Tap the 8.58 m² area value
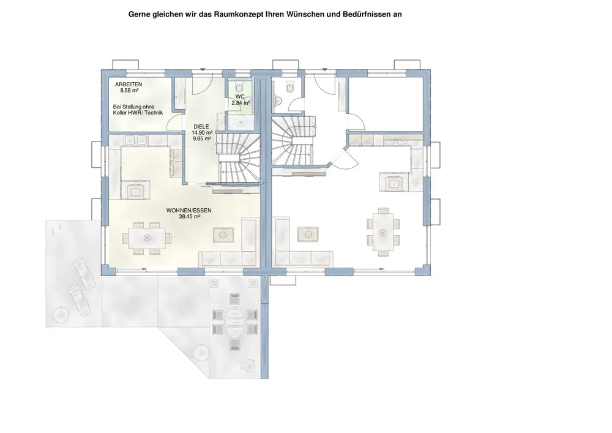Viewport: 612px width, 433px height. pyautogui.click(x=130, y=90)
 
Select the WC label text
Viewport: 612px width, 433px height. pyautogui.click(x=240, y=97)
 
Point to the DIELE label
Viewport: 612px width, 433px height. pyautogui.click(x=201, y=126)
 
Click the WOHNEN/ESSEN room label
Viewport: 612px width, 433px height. pyautogui.click(x=188, y=210)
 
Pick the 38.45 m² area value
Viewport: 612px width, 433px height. pyautogui.click(x=190, y=216)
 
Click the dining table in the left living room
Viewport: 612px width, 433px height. pyautogui.click(x=147, y=236)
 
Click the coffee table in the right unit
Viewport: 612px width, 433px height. pyautogui.click(x=305, y=233)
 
